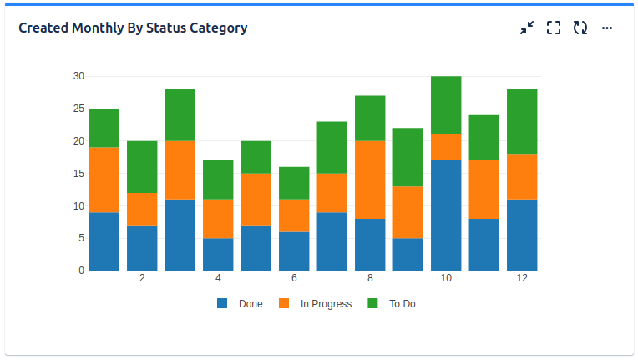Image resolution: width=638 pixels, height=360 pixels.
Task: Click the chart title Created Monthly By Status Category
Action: click(x=133, y=28)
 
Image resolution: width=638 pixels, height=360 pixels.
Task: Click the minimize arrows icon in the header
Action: click(x=526, y=28)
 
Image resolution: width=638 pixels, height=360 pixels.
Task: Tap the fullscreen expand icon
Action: click(x=553, y=28)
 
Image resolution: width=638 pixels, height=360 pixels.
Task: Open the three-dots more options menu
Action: click(x=607, y=28)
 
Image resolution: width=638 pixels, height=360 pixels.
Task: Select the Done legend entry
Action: click(x=241, y=304)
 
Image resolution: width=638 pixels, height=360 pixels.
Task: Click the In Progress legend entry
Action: click(x=316, y=304)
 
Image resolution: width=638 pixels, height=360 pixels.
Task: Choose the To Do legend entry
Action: click(x=392, y=304)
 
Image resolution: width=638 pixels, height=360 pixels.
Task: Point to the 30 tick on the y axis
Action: click(x=78, y=76)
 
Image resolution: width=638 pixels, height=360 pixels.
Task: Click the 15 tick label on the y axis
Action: click(x=78, y=174)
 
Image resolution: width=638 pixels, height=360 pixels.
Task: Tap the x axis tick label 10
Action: click(x=446, y=278)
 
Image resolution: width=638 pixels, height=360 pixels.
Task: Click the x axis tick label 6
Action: click(x=294, y=278)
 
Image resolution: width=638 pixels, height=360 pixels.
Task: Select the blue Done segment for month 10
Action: click(x=446, y=215)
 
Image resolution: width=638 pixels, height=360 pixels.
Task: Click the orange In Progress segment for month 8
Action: click(x=370, y=180)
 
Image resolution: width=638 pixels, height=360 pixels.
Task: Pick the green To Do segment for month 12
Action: click(x=522, y=121)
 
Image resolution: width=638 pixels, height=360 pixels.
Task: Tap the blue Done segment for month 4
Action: click(x=218, y=255)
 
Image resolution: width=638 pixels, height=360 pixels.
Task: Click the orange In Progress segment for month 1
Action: click(x=104, y=180)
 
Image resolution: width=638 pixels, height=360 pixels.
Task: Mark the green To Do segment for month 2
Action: click(x=142, y=167)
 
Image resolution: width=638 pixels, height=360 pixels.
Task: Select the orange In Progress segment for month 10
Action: click(x=446, y=147)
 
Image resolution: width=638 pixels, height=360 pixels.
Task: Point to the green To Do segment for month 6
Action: click(x=294, y=183)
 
